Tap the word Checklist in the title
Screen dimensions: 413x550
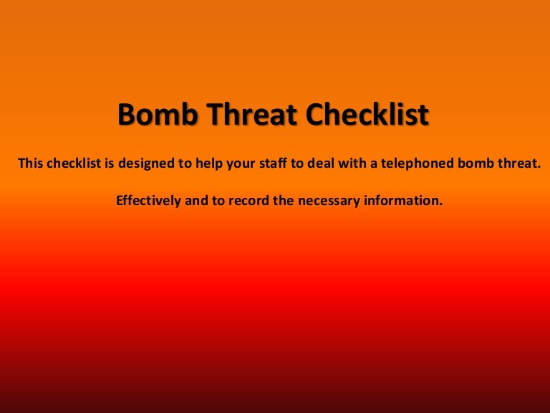pyautogui.click(x=368, y=115)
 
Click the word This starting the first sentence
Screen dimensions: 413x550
pyautogui.click(x=30, y=163)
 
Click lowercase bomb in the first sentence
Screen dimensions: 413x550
pyautogui.click(x=486, y=163)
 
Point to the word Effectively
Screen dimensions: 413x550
pyautogui.click(x=148, y=201)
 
